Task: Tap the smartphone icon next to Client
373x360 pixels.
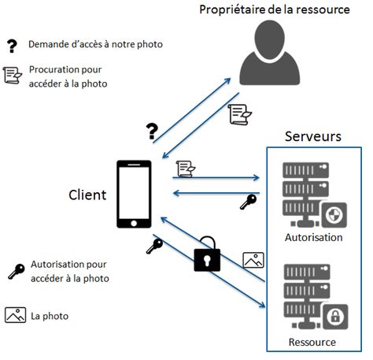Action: tap(135, 195)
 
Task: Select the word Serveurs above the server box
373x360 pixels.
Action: tap(313, 136)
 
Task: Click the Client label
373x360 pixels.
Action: tap(87, 195)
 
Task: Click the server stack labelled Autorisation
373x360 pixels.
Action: tap(313, 192)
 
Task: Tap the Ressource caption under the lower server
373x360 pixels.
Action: tap(312, 342)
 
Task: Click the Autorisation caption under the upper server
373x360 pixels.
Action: tap(313, 236)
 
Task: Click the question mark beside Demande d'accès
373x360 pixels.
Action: tap(13, 44)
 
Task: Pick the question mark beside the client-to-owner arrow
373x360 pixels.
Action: tap(153, 129)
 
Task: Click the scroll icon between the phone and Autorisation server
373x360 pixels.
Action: tap(186, 168)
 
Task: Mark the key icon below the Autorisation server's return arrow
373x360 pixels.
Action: tap(249, 202)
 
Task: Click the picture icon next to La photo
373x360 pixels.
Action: tap(16, 315)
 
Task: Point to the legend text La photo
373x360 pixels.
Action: tap(50, 316)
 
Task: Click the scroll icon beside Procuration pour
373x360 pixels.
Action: tap(13, 75)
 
